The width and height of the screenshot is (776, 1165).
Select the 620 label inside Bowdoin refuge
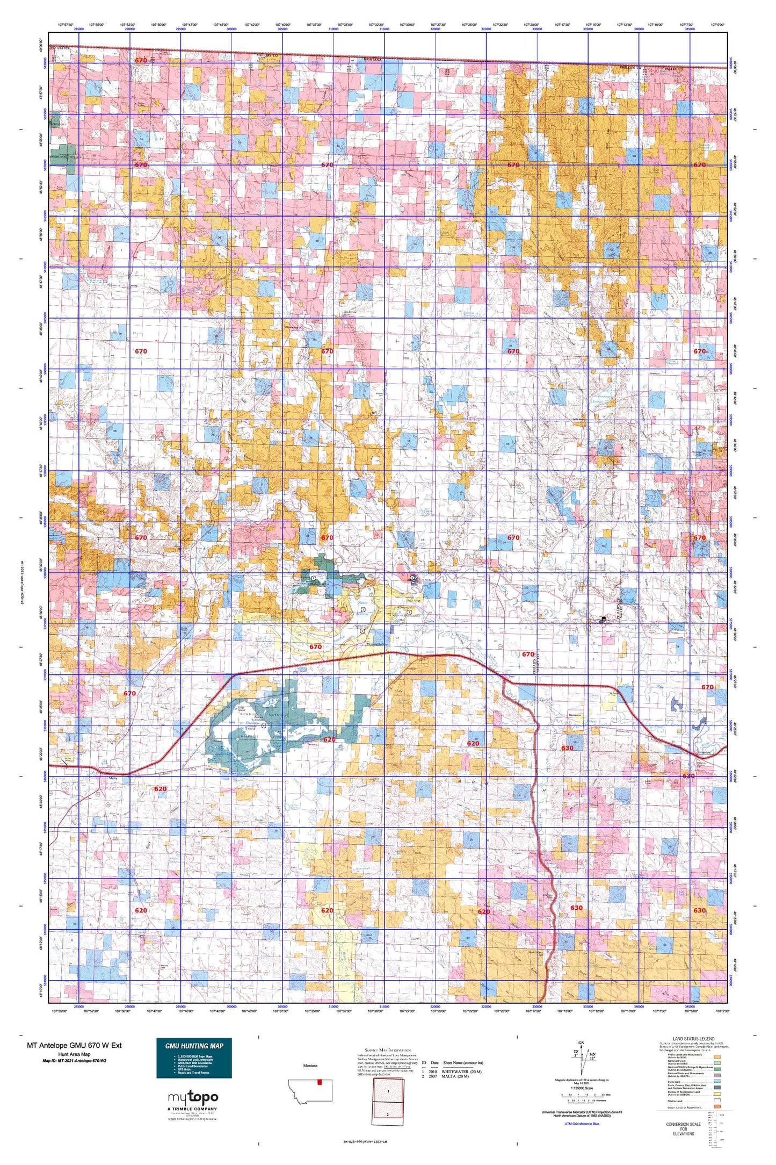click(329, 739)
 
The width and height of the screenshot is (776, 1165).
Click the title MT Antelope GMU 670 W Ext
click(74, 1045)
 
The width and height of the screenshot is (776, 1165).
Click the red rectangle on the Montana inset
click(320, 1082)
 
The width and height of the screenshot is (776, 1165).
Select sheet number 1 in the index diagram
click(388, 1091)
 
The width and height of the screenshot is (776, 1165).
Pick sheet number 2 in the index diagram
click(388, 1114)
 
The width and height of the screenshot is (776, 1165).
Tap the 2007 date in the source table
click(434, 1076)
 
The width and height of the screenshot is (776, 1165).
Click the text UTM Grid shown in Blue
click(582, 1124)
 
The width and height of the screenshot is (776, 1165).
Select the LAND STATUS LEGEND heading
click(693, 1039)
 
